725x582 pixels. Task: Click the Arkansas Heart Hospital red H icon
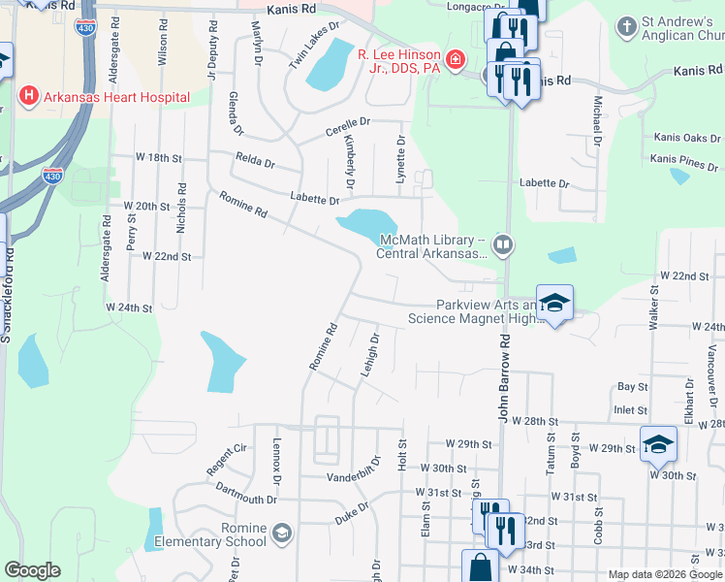[29, 96]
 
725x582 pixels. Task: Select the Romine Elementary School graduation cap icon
[281, 533]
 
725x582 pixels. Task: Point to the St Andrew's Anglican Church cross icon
[627, 25]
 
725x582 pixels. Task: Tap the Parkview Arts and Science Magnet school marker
[553, 304]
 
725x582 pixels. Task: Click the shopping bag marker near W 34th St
[481, 566]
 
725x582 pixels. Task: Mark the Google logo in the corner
[32, 570]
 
